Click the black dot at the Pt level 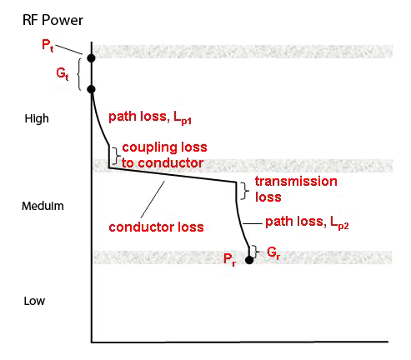point(91,57)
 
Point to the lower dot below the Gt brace point(91,88)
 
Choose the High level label point(38,119)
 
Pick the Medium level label point(43,205)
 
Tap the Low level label point(37,301)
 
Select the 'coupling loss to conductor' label point(164,154)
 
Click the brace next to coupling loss point(116,154)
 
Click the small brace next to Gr point(258,249)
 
